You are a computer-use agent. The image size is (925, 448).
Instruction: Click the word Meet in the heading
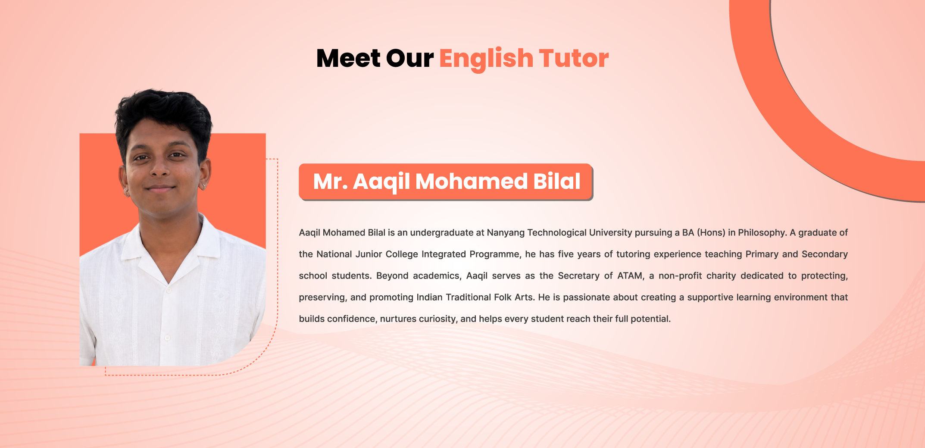tap(348, 58)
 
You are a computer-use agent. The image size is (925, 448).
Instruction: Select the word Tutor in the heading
tap(574, 58)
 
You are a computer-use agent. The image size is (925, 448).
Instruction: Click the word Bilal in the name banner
tap(557, 181)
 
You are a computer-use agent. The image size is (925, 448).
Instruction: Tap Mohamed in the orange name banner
tap(471, 181)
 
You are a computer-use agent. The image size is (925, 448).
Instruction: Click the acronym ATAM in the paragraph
tap(631, 276)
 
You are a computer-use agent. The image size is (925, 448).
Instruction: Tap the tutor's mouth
tap(160, 188)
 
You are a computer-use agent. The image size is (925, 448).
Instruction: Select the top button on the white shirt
tap(169, 290)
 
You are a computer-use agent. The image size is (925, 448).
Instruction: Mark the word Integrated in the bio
tap(444, 254)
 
